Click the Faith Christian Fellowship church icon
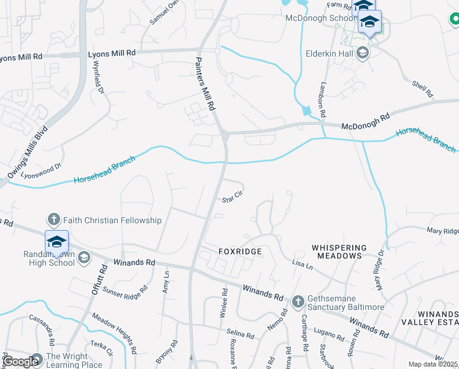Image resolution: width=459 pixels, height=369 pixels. [x=53, y=220]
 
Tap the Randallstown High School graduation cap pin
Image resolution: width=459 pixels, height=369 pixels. [x=56, y=242]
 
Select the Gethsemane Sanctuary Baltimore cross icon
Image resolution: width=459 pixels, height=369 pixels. [x=298, y=301]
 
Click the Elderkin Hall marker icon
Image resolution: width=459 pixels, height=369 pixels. [x=363, y=52]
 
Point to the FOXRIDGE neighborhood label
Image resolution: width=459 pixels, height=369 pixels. [x=241, y=252]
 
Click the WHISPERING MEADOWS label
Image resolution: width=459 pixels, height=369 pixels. [x=339, y=252]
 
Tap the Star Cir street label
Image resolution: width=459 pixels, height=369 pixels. [x=232, y=198]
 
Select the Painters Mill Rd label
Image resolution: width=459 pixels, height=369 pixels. [x=206, y=84]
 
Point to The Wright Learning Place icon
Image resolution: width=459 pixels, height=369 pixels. [x=36, y=358]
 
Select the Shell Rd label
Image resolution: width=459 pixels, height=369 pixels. [x=423, y=90]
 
